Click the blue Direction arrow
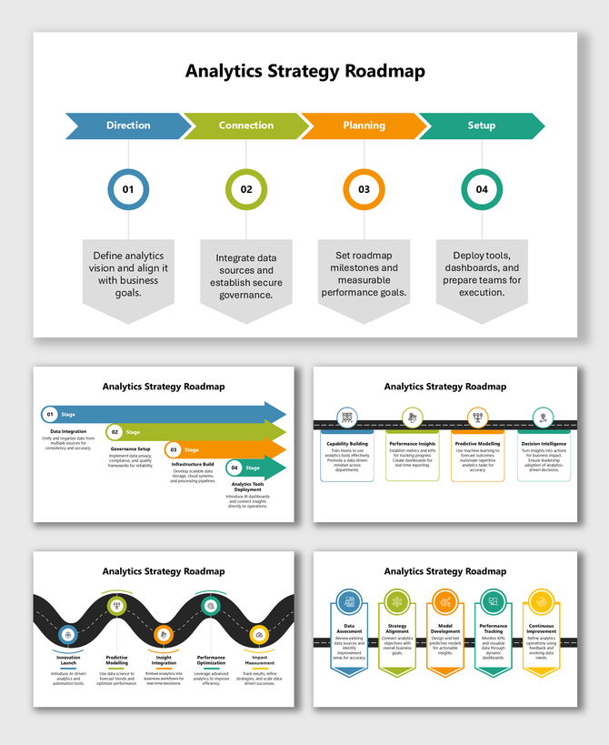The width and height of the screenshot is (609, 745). tap(127, 126)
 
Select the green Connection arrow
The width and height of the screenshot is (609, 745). tap(245, 126)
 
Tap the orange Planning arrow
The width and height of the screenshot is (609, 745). tap(364, 126)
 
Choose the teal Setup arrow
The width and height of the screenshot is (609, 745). tap(481, 126)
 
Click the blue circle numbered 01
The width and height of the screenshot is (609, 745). tap(128, 189)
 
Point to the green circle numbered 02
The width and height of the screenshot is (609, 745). tap(246, 189)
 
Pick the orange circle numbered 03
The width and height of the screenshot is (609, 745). tap(364, 189)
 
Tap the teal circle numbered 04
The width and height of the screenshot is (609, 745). tap(482, 189)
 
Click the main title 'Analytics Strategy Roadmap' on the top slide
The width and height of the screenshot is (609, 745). tap(304, 70)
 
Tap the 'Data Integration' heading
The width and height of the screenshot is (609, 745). tap(68, 431)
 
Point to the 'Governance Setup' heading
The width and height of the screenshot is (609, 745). tap(131, 448)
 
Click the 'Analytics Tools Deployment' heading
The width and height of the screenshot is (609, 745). tap(247, 488)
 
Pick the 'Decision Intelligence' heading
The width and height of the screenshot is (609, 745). tap(544, 444)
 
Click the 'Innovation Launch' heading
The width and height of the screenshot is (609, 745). tap(68, 659)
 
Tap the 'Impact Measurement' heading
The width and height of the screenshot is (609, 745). tap(259, 659)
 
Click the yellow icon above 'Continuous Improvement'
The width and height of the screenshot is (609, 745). tap(542, 601)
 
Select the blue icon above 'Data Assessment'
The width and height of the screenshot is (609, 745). tap(349, 601)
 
